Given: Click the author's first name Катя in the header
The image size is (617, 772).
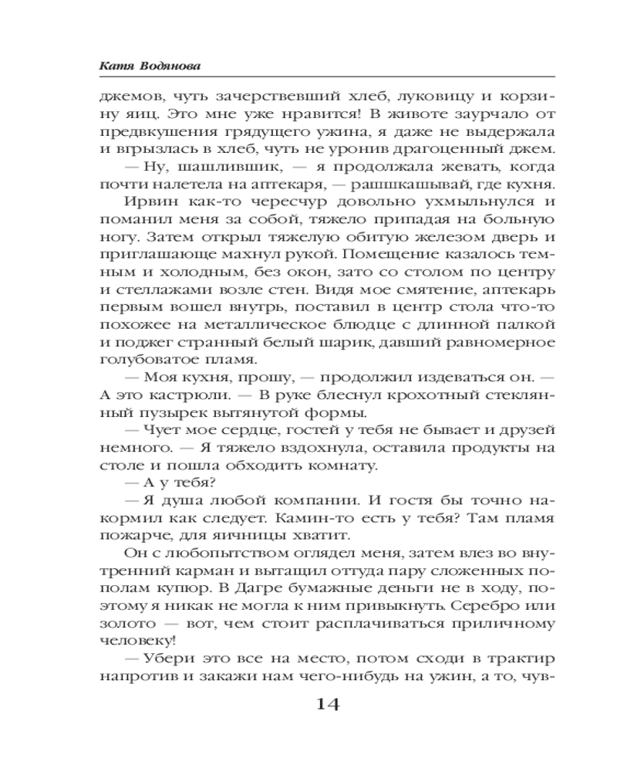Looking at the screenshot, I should pyautogui.click(x=116, y=67).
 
